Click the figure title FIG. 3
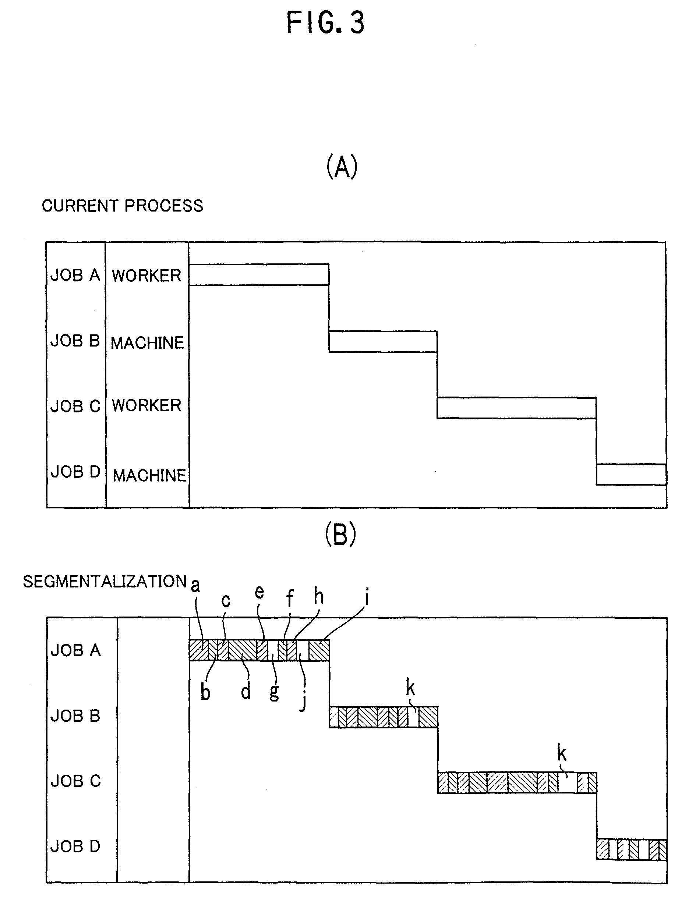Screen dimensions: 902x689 pyautogui.click(x=325, y=23)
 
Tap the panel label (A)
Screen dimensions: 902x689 pyautogui.click(x=342, y=167)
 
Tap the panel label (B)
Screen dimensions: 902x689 pyautogui.click(x=340, y=535)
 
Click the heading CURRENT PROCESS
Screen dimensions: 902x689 pyautogui.click(x=122, y=206)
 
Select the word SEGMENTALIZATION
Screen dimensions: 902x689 pyautogui.click(x=105, y=582)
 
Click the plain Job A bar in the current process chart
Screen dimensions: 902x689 pyautogui.click(x=258, y=274)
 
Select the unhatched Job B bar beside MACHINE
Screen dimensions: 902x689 pyautogui.click(x=383, y=341)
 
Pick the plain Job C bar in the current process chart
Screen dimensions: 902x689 pyautogui.click(x=516, y=408)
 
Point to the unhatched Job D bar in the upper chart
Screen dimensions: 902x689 pyautogui.click(x=631, y=475)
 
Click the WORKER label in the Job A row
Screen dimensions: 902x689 pyautogui.click(x=146, y=276)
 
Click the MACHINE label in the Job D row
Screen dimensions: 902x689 pyautogui.click(x=149, y=475)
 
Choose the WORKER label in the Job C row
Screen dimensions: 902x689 pyautogui.click(x=146, y=405)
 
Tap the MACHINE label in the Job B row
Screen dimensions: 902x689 pyautogui.click(x=147, y=342)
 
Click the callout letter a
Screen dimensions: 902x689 pyautogui.click(x=195, y=585)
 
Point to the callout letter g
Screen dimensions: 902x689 pyautogui.click(x=274, y=692)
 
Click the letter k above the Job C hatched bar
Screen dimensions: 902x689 pyautogui.click(x=561, y=753)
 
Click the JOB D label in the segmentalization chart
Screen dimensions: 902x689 pyautogui.click(x=75, y=846)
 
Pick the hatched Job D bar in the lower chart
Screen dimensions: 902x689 pyautogui.click(x=631, y=849)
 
